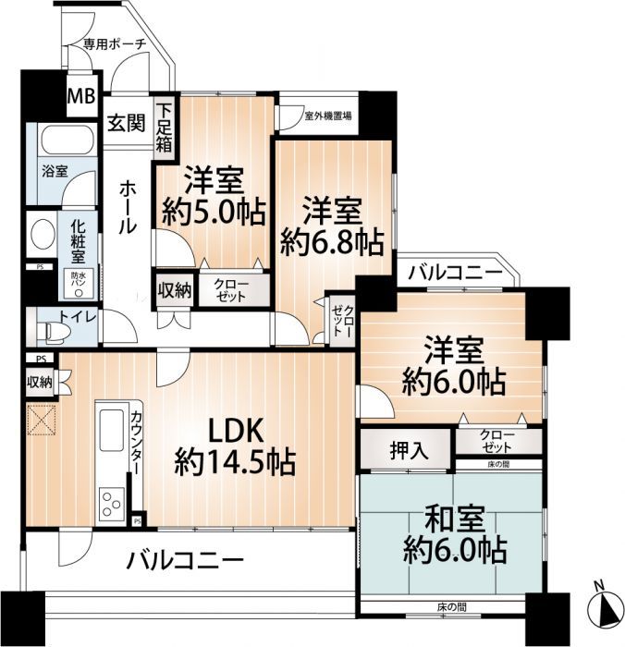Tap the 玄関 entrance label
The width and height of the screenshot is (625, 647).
point(125,123)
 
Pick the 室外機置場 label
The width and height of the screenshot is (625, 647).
point(329,117)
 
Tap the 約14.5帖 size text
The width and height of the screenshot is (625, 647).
point(236,460)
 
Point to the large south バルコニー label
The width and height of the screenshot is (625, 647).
point(185,560)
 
